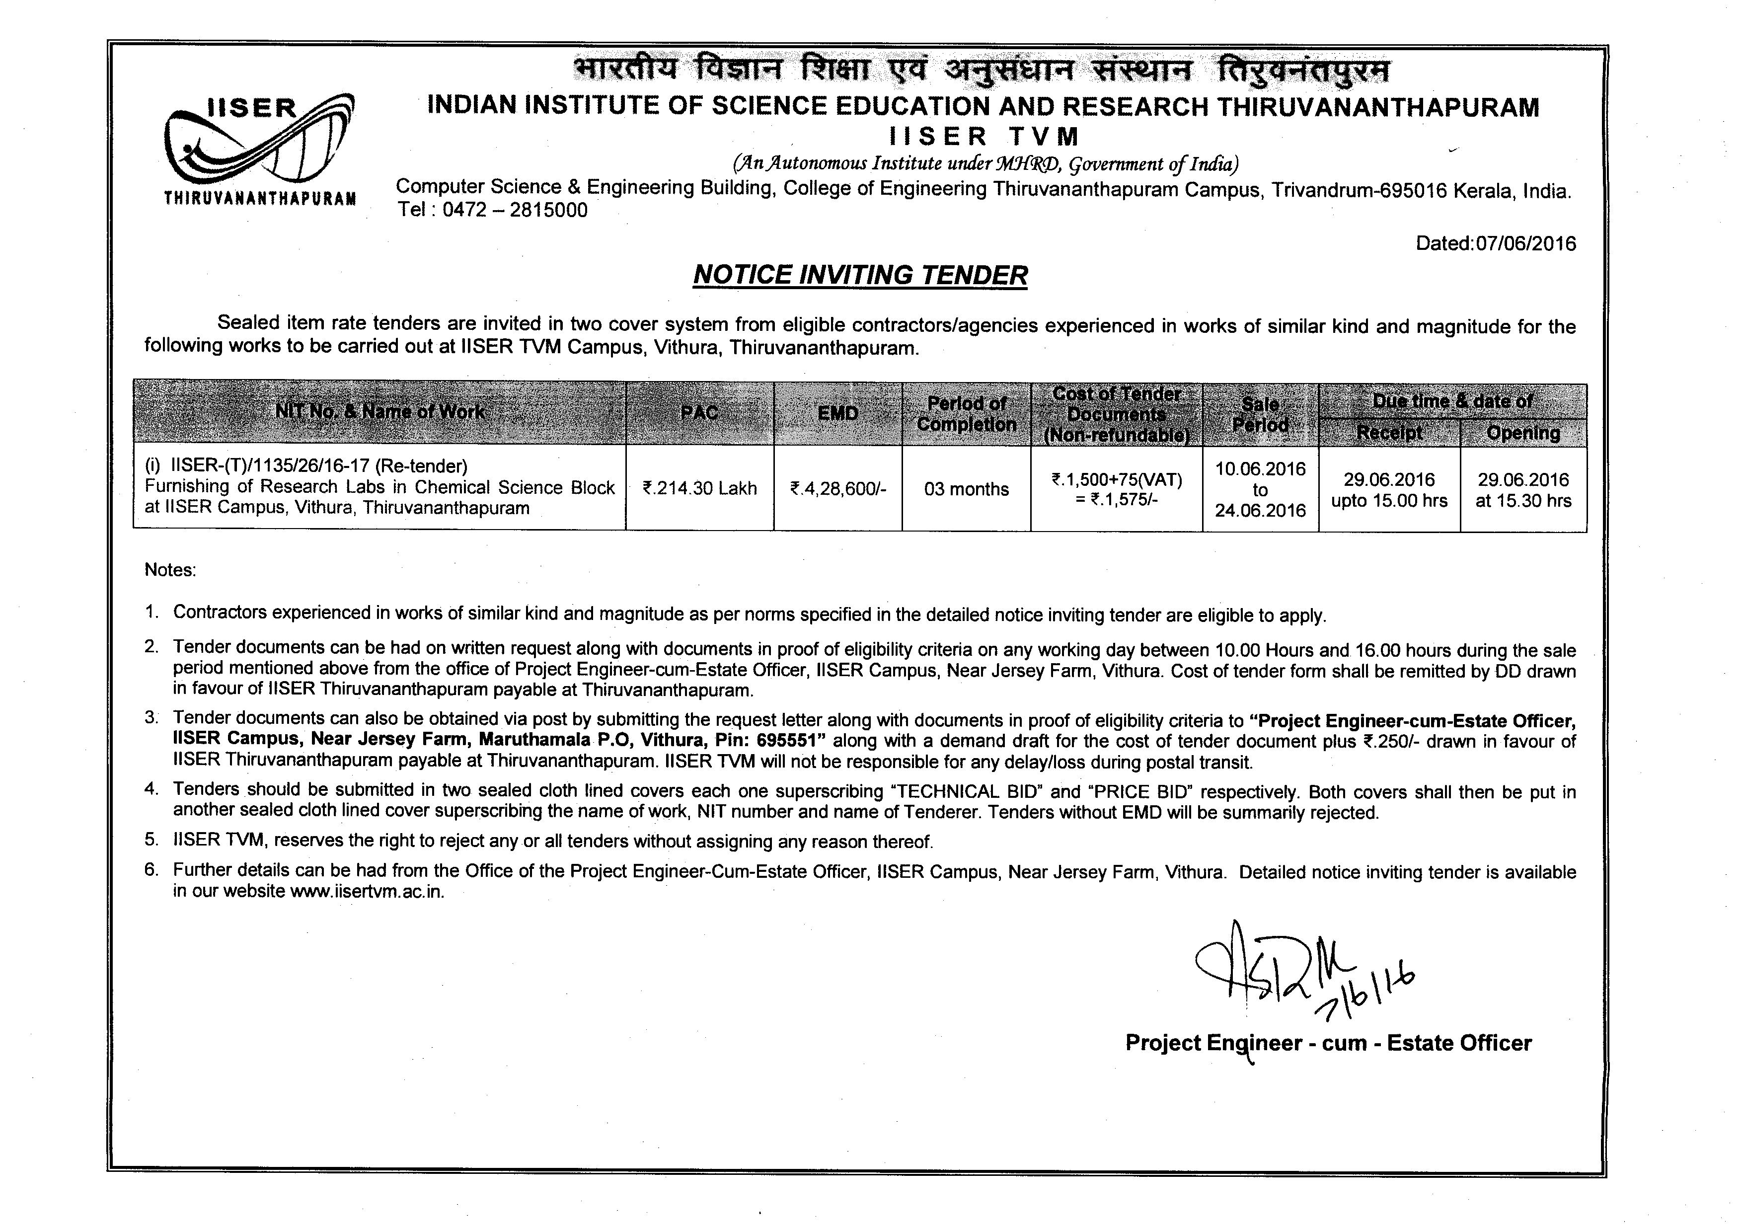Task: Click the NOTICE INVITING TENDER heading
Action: [x=860, y=275]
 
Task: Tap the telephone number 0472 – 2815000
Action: [x=515, y=210]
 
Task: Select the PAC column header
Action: [x=699, y=413]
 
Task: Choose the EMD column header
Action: [x=837, y=413]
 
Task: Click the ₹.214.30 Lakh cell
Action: [x=699, y=488]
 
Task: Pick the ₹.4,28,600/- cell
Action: [x=837, y=488]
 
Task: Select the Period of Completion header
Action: [x=966, y=413]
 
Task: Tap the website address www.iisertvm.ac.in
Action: [x=367, y=891]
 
